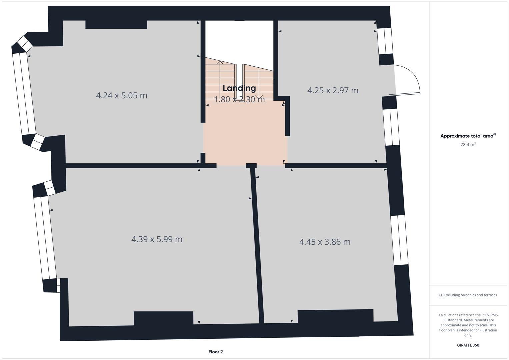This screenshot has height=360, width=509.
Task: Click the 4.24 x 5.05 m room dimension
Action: pyautogui.click(x=121, y=96)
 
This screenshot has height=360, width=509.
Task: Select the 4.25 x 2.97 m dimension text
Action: pyautogui.click(x=333, y=90)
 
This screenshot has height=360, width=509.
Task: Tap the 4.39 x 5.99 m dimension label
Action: pyautogui.click(x=157, y=239)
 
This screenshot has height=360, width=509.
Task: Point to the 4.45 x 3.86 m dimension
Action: pyautogui.click(x=325, y=242)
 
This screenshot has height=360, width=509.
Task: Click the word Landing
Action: pyautogui.click(x=239, y=88)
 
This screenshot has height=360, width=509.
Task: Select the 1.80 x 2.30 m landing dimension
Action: pyautogui.click(x=239, y=99)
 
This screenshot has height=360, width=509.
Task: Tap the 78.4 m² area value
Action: pyautogui.click(x=468, y=145)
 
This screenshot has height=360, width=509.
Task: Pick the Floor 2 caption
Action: pyautogui.click(x=215, y=352)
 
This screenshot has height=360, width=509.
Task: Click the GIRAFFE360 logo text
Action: pyautogui.click(x=468, y=345)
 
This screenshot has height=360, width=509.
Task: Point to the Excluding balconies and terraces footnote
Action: pyautogui.click(x=468, y=295)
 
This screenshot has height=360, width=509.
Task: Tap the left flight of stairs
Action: pyautogui.click(x=220, y=80)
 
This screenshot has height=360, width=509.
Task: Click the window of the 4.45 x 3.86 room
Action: pyautogui.click(x=399, y=240)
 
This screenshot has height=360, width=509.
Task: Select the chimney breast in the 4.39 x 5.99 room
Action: pyautogui.click(x=163, y=318)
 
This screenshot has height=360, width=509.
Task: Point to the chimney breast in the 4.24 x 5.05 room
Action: pyautogui.click(x=116, y=24)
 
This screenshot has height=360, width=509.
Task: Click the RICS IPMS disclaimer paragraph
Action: pyautogui.click(x=468, y=325)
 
